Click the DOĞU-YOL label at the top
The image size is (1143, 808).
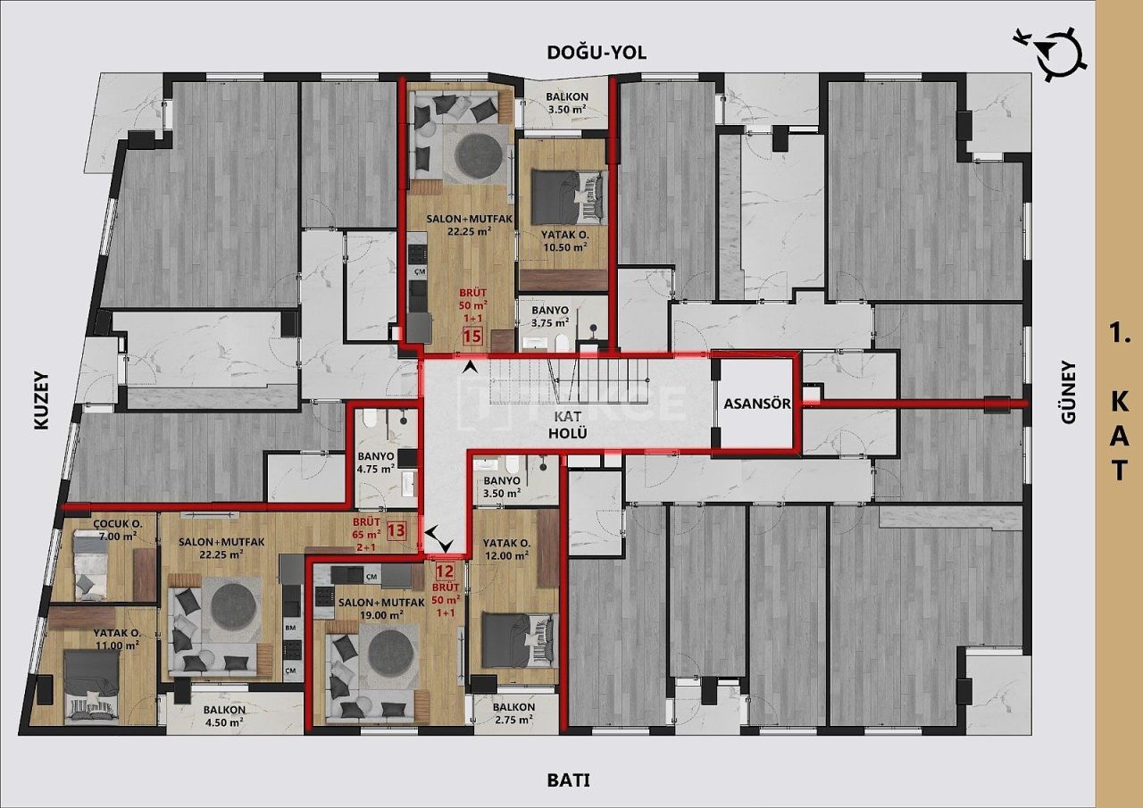tap(596, 53)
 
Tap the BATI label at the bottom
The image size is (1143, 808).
tap(569, 779)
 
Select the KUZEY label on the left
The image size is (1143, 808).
tap(41, 401)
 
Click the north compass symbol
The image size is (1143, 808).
tap(1061, 51)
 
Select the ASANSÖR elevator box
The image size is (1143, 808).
tap(756, 403)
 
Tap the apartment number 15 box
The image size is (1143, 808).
tap(472, 337)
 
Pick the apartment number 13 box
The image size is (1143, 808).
tap(396, 530)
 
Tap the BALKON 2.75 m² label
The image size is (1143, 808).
tap(513, 713)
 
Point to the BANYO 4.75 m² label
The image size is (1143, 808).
tap(376, 461)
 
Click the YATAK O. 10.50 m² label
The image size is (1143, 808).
tap(563, 242)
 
